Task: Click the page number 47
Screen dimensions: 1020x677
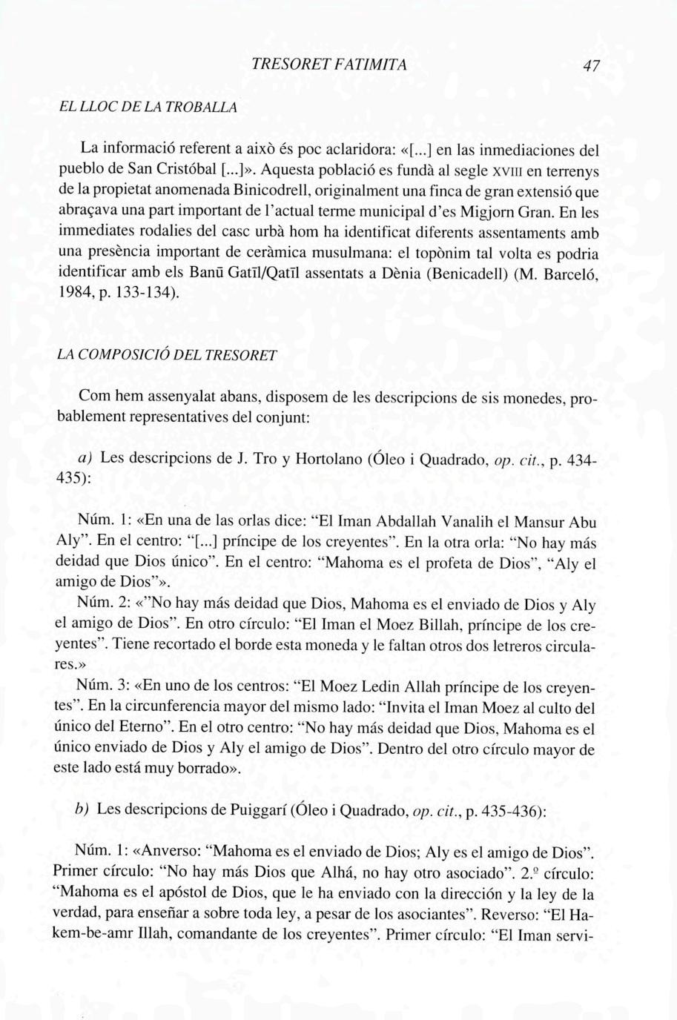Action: click(x=590, y=66)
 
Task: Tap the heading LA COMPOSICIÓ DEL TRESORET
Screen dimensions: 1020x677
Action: click(x=167, y=356)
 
